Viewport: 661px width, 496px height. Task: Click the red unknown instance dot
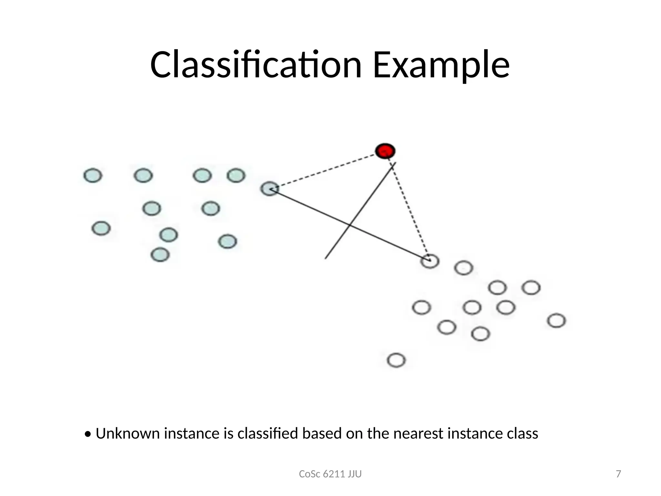(385, 151)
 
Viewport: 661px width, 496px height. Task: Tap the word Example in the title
(441, 65)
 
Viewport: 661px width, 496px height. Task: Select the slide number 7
(618, 474)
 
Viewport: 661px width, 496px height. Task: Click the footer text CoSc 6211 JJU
(330, 474)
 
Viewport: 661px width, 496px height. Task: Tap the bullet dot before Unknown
(87, 434)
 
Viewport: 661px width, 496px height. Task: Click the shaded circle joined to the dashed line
(269, 189)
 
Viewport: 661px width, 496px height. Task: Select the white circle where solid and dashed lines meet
(430, 261)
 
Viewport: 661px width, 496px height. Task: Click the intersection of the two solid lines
(350, 224)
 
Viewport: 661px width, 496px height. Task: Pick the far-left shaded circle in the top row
(93, 176)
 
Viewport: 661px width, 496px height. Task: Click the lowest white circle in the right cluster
(396, 360)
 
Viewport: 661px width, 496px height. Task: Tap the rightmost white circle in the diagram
(556, 321)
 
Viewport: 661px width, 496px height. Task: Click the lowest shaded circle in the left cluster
(160, 254)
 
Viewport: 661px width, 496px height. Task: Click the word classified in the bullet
(268, 433)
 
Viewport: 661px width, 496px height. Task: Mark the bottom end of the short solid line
(326, 258)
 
